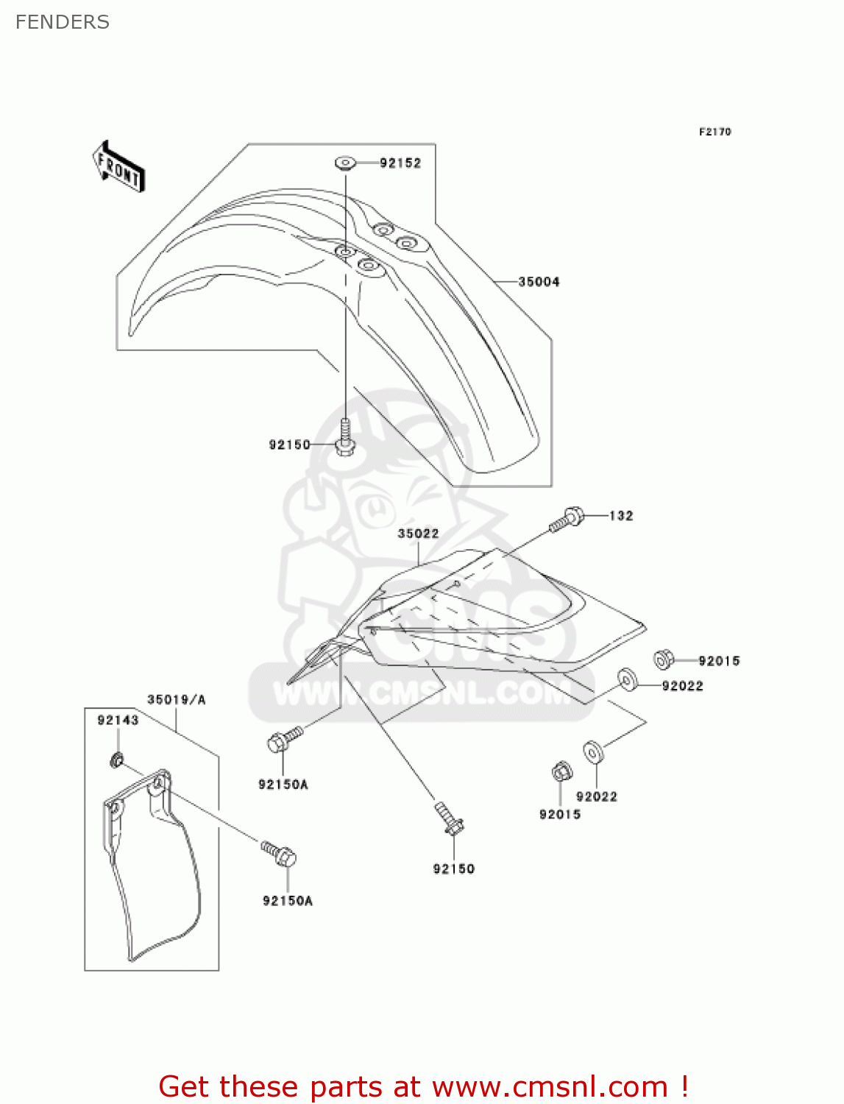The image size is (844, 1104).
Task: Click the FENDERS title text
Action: tap(63, 22)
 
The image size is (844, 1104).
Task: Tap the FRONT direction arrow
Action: tap(118, 167)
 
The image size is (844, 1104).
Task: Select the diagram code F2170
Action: tap(714, 132)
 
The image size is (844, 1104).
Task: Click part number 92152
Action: tap(400, 163)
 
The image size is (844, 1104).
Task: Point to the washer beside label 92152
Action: tap(345, 162)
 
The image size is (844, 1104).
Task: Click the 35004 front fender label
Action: tap(539, 282)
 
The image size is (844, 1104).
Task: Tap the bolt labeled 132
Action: tap(567, 519)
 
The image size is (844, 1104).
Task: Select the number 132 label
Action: tap(621, 516)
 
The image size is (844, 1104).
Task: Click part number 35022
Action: tap(418, 534)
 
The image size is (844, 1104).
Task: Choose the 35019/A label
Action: tap(177, 699)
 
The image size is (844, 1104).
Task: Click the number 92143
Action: tap(118, 720)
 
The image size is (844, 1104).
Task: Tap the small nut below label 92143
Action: tap(116, 760)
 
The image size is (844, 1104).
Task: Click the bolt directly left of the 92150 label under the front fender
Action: tap(345, 437)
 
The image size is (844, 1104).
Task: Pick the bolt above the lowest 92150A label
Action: tap(280, 854)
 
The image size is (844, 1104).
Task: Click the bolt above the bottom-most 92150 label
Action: tap(448, 819)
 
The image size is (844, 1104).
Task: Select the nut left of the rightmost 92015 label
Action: tap(664, 659)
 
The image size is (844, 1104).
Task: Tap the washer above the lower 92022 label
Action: tap(593, 752)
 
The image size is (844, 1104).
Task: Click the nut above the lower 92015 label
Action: tap(560, 772)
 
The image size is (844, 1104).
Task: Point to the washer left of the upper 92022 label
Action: tap(627, 679)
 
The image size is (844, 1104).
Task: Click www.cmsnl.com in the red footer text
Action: tap(550, 1087)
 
